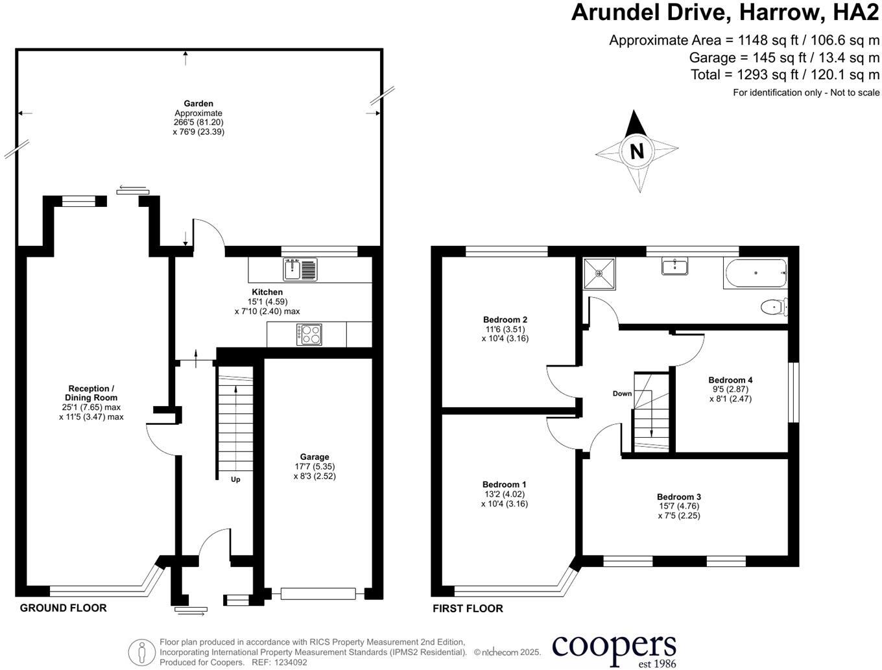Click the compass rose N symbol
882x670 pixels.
637,151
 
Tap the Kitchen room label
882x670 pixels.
267,293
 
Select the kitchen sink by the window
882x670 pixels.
300,269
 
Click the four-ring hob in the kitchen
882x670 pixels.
309,335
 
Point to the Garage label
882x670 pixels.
315,457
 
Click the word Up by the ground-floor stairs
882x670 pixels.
235,480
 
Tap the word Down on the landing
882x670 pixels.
622,394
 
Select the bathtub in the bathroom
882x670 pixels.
755,273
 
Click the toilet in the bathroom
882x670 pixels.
775,307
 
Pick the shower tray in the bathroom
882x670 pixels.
600,273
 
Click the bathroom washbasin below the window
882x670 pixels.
675,266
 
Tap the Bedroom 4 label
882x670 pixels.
730,380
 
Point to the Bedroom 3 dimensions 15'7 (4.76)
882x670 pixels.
678,507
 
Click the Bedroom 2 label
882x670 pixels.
505,320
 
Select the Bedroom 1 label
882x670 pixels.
504,485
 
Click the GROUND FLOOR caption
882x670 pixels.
63,608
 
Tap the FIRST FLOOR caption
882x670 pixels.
468,608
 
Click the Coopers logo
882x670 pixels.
614,649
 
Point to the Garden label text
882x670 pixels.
198,104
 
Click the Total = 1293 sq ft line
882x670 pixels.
785,75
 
